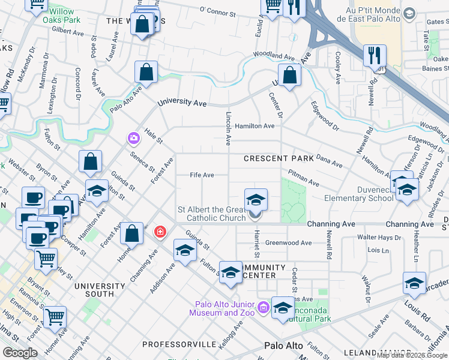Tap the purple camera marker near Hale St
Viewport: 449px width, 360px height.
(x=133, y=139)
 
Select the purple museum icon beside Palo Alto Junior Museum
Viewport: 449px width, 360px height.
(x=262, y=308)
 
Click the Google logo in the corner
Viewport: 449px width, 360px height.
(x=20, y=353)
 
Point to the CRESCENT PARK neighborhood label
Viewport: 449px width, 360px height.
(x=279, y=158)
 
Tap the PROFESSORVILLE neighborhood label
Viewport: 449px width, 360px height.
(x=179, y=344)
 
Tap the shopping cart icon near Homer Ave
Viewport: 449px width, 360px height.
(x=55, y=316)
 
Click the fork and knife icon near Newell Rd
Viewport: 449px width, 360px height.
(x=374, y=56)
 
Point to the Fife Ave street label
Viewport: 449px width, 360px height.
(x=202, y=175)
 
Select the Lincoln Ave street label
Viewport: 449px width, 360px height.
(x=228, y=128)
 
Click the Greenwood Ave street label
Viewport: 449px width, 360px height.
(x=289, y=243)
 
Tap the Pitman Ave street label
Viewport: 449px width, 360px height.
(x=303, y=176)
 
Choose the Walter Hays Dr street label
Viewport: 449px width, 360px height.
(x=379, y=238)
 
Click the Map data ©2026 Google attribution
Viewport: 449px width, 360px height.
(x=412, y=355)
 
